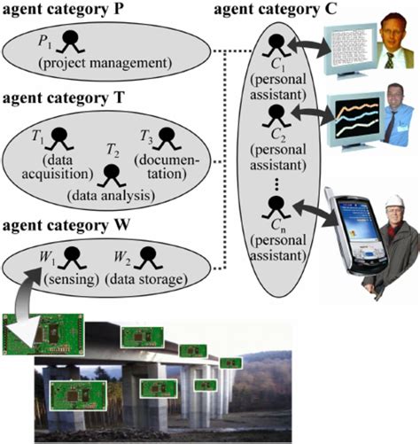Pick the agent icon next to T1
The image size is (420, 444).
click(x=59, y=137)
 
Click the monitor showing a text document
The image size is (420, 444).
click(x=349, y=49)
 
